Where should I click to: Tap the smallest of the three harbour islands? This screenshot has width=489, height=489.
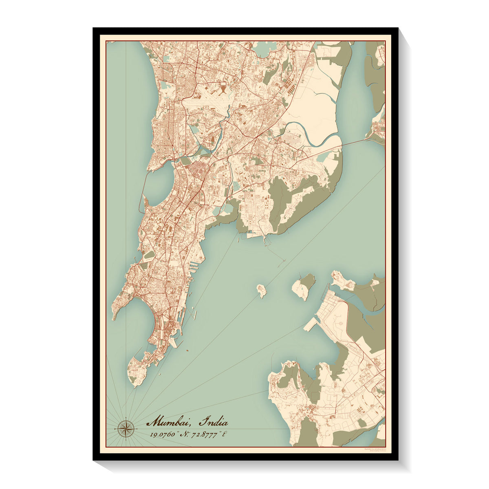coord(261,291)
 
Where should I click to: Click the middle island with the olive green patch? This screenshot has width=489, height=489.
coord(304,286)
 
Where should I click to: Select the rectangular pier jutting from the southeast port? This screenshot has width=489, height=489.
coord(311,324)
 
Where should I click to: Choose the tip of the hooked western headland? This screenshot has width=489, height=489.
coord(115,317)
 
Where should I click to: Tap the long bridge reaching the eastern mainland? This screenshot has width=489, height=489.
coord(355,142)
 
